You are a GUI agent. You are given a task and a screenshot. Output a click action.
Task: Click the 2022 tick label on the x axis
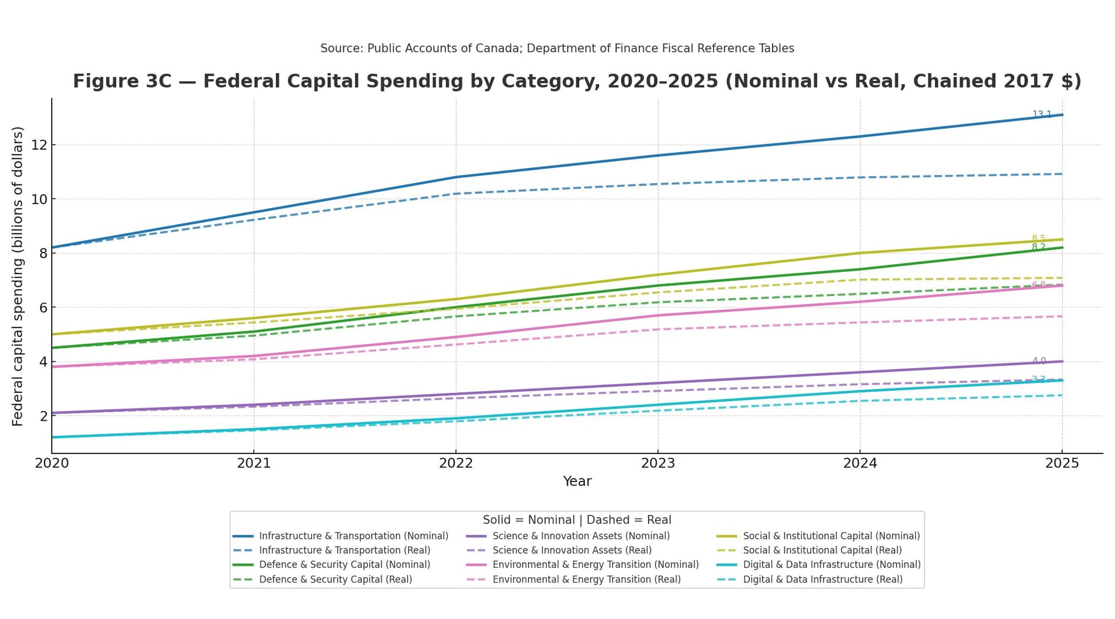pyautogui.click(x=455, y=463)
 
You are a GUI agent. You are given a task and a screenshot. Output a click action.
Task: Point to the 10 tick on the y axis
pyautogui.click(x=38, y=199)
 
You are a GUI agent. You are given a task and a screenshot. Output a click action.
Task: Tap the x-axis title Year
pyautogui.click(x=576, y=481)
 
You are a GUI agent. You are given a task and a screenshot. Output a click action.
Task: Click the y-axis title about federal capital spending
pyautogui.click(x=18, y=276)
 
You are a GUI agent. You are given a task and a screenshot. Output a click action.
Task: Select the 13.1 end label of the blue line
pyautogui.click(x=1041, y=115)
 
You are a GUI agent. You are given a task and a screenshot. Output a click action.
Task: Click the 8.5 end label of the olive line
pyautogui.click(x=1038, y=238)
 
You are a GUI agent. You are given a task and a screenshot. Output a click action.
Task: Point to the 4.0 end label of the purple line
pyautogui.click(x=1039, y=361)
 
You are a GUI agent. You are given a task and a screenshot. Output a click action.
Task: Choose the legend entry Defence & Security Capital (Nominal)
pyautogui.click(x=344, y=564)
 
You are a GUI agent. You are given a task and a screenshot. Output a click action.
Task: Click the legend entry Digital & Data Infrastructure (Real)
pyautogui.click(x=822, y=579)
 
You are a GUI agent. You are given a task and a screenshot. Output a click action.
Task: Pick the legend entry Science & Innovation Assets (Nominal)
pyautogui.click(x=581, y=536)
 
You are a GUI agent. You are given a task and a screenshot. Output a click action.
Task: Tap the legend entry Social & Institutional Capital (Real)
pyautogui.click(x=822, y=550)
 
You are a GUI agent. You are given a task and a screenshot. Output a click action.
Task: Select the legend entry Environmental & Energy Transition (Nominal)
pyautogui.click(x=595, y=564)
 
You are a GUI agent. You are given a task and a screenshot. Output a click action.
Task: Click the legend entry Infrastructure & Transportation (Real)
pyautogui.click(x=344, y=550)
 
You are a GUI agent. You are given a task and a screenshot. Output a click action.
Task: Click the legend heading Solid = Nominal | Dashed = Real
pyautogui.click(x=576, y=520)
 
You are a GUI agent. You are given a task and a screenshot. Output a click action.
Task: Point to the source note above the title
pyautogui.click(x=557, y=48)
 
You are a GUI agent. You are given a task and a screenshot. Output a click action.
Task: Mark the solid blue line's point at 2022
pyautogui.click(x=456, y=177)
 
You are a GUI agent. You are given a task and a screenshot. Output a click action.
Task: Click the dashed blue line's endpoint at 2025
pyautogui.click(x=1061, y=174)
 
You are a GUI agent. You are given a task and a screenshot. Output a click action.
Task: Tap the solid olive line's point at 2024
pyautogui.click(x=860, y=253)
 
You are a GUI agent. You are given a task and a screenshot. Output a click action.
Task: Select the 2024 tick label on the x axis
pyautogui.click(x=860, y=463)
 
